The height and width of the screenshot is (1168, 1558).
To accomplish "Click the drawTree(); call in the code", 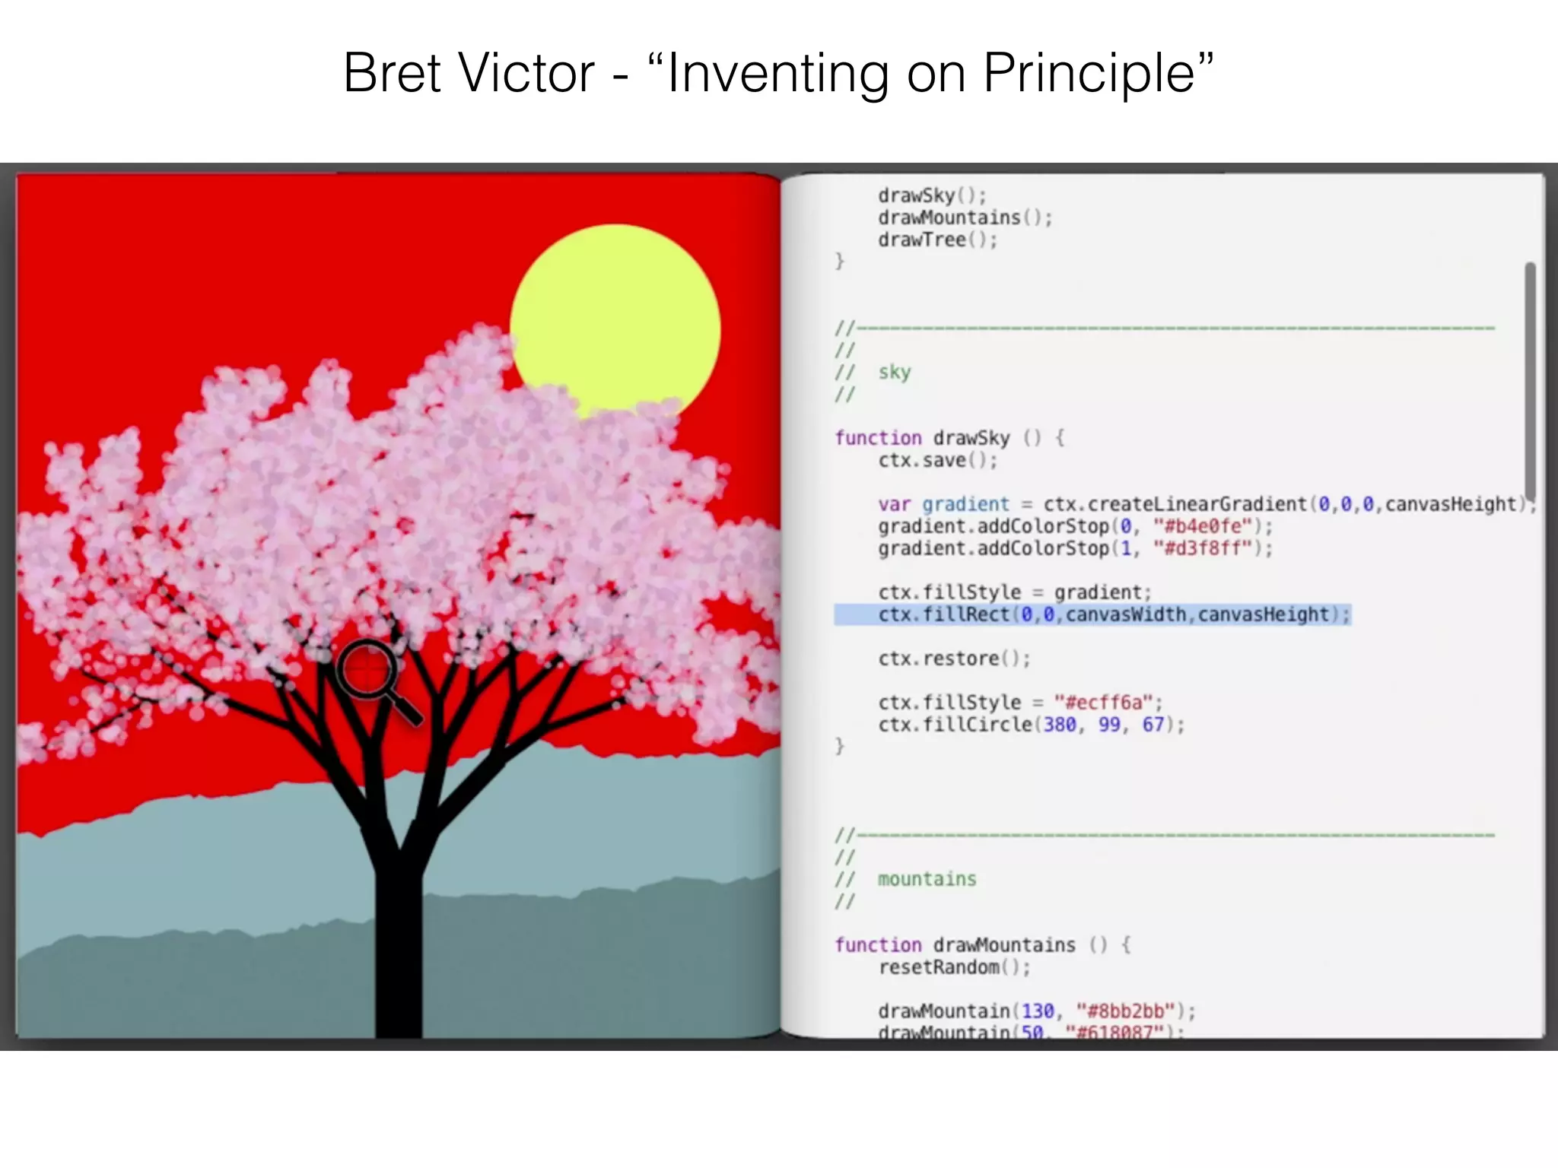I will (937, 240).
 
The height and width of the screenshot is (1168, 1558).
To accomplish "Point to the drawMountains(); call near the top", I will (965, 217).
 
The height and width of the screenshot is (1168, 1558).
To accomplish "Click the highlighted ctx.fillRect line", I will (1092, 614).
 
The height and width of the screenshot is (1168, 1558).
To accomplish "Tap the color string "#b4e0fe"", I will (1202, 526).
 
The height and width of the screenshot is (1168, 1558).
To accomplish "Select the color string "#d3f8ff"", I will (1202, 548).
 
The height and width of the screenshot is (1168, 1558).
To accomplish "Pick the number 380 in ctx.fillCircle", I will (1059, 725).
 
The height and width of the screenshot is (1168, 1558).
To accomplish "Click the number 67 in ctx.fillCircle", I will (1153, 725).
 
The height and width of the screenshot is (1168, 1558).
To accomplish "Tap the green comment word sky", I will (895, 372).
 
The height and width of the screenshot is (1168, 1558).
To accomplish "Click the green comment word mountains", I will (927, 879).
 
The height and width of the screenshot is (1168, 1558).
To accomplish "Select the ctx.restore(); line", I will (954, 659).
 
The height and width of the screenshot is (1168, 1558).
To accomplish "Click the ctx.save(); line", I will (937, 460).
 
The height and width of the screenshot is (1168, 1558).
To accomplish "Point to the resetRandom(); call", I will (954, 967).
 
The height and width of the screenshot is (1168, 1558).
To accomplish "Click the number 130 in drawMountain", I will (1037, 1011).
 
